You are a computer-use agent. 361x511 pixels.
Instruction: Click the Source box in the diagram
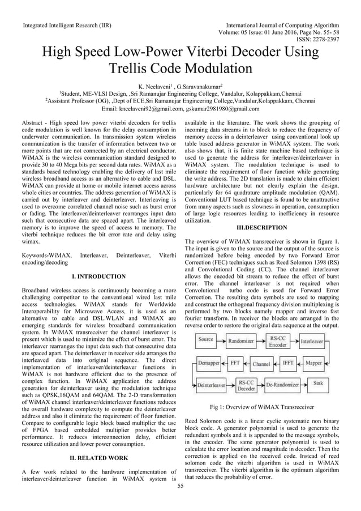coord(206,340)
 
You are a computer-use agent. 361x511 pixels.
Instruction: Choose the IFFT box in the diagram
coord(288,362)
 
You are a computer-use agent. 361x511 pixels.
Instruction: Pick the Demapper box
coord(209,362)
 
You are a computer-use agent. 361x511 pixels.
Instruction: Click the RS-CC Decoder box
coord(245,385)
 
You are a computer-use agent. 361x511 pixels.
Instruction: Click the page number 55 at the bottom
coord(180,486)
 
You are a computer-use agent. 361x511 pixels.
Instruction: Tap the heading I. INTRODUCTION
coord(99,276)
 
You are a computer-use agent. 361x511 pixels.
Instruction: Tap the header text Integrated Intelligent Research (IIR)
coord(66,25)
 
